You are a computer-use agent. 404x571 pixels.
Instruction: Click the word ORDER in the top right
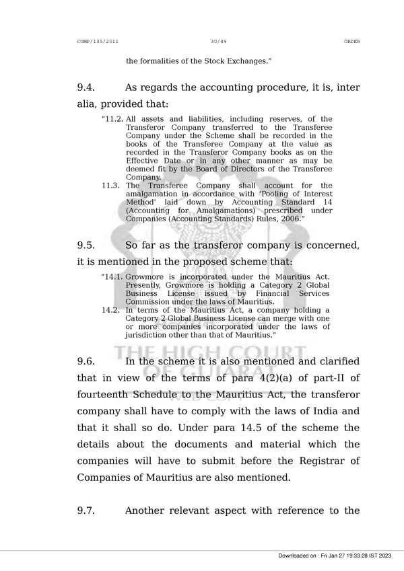(x=351, y=42)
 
